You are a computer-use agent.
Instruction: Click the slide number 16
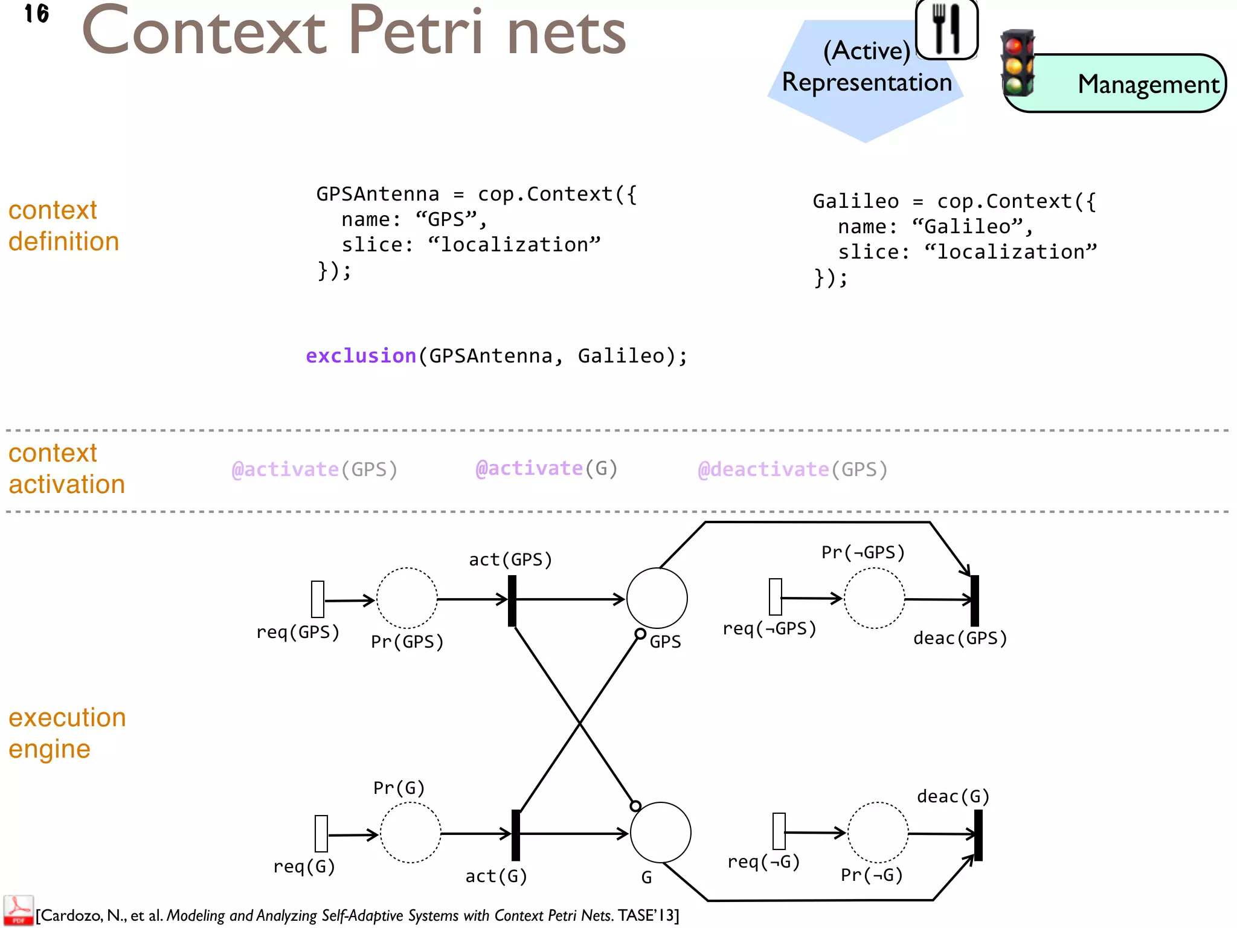[36, 13]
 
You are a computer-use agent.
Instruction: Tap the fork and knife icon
[946, 28]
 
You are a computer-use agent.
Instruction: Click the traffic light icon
[1018, 63]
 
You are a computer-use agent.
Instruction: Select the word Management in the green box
[1148, 85]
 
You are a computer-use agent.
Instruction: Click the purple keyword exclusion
[361, 356]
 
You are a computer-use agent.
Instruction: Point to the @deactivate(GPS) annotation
[792, 469]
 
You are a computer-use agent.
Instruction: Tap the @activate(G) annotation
[546, 468]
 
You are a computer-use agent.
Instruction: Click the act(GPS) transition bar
[512, 600]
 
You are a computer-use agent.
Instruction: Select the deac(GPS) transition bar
[974, 600]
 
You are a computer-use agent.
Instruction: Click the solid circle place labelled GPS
[657, 598]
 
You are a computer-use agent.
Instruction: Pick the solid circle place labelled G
[660, 833]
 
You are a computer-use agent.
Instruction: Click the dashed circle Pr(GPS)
[406, 598]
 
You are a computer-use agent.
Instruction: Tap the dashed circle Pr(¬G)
[878, 833]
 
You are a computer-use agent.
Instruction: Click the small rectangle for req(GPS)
[318, 599]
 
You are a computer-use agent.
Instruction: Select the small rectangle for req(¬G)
[779, 831]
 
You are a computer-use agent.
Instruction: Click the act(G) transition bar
[516, 835]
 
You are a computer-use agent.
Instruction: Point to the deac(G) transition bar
[978, 835]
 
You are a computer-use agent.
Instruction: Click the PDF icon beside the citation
[18, 911]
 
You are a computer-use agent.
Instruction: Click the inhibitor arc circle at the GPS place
[640, 634]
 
